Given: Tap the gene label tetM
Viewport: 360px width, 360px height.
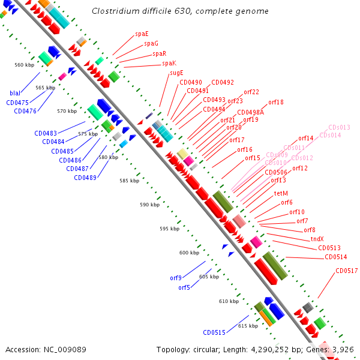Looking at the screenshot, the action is pos(281,193).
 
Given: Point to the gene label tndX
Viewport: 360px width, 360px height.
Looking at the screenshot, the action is pos(317,239).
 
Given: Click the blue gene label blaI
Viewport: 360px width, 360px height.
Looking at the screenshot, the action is pos(15,93).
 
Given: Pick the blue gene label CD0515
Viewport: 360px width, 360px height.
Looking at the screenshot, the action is pos(214,332).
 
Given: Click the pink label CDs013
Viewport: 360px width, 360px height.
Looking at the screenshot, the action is pos(339,127).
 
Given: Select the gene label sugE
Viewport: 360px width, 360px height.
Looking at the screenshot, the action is pos(176,73).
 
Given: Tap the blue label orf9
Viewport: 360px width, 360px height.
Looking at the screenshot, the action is pos(175,278).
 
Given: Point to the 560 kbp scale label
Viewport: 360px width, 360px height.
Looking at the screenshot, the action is pos(25,65).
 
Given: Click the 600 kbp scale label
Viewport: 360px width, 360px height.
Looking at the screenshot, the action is pos(189,253).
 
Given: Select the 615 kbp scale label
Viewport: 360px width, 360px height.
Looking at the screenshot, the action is pos(248,326).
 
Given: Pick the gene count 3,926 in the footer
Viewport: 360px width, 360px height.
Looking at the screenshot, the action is pos(343,349).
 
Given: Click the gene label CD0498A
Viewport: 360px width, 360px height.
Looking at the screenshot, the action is pos(250,112).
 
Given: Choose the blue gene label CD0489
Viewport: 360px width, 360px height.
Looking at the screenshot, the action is pos(85,178).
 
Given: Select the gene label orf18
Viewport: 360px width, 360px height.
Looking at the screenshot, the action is pos(276,102).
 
